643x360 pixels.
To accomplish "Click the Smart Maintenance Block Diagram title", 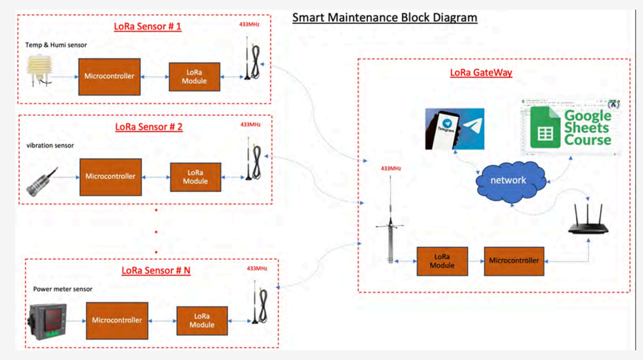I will coord(384,17).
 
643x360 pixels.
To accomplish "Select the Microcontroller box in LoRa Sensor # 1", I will coord(109,77).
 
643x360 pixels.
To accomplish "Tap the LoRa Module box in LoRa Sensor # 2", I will coord(195,177).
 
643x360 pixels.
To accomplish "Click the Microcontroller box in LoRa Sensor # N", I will coord(117,320).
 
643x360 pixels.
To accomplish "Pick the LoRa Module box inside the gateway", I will coord(442,261).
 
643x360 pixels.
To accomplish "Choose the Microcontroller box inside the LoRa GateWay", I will coord(514,260).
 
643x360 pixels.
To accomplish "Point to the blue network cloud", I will coord(508,181).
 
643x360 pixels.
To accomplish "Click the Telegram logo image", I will coord(454,129).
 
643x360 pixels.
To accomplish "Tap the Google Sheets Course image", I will coord(570,124).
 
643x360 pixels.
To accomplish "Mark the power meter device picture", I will coord(46,321).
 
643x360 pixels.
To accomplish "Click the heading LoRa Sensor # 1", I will coord(148,27).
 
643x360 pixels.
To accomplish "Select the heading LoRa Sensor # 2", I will coord(148,127).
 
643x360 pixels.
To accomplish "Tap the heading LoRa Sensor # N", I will coord(155,270).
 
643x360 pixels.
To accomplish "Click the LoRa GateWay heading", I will coord(481,73).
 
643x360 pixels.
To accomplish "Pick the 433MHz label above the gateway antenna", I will coord(391,168).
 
